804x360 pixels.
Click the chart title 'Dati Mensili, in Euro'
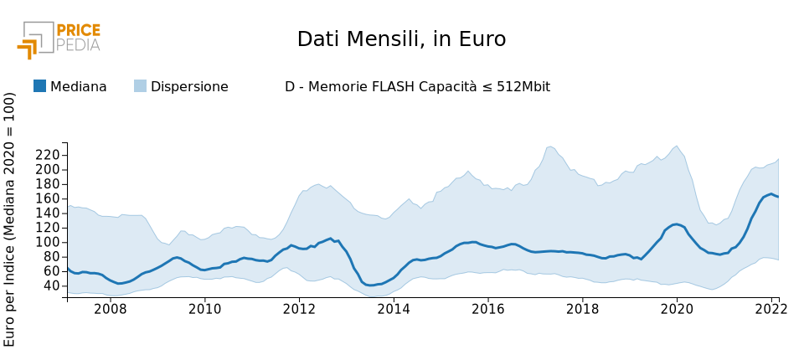click(401, 39)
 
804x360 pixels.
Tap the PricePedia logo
click(59, 39)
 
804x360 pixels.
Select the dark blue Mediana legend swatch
click(39, 86)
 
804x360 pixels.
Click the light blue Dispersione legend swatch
click(140, 86)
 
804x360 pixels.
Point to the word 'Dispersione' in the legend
click(189, 87)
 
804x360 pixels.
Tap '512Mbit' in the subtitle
click(522, 87)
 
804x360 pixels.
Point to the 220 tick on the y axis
click(48, 155)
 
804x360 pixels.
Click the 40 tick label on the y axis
click(51, 285)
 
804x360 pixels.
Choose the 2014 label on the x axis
click(394, 308)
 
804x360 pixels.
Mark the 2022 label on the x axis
click(770, 308)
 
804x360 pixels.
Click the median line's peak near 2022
click(770, 194)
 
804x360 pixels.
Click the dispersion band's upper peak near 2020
click(676, 147)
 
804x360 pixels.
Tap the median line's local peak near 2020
click(676, 224)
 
